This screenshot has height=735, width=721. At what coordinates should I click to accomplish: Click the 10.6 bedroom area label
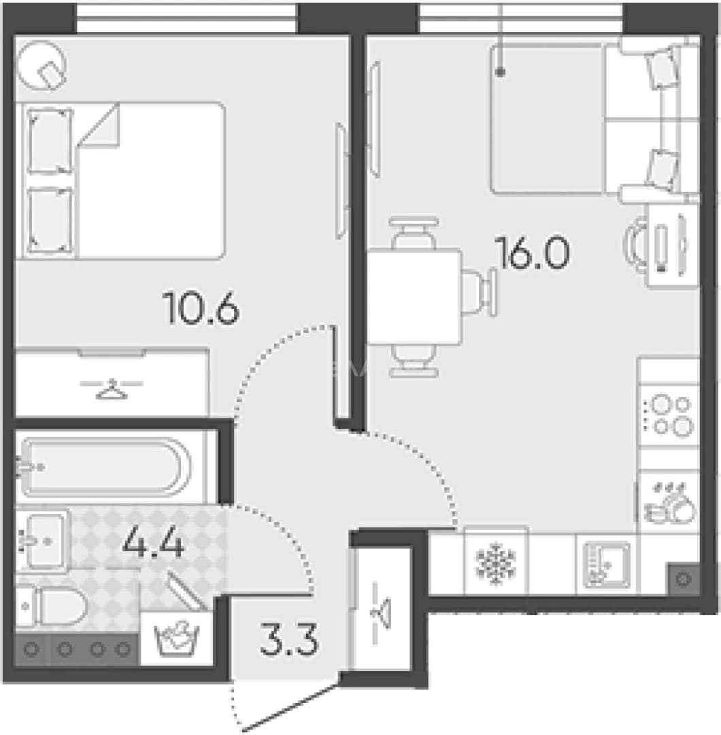click(x=201, y=308)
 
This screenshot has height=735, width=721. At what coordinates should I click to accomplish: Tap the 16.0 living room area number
click(x=533, y=252)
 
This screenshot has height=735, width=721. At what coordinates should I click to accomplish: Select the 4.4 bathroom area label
click(x=153, y=542)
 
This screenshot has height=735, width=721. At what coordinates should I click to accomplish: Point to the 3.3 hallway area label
click(x=289, y=639)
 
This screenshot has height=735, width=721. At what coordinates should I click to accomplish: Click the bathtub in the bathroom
click(x=105, y=467)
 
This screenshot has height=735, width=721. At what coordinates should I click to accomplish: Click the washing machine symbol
click(x=177, y=639)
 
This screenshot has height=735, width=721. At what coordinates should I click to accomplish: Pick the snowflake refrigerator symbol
click(x=496, y=564)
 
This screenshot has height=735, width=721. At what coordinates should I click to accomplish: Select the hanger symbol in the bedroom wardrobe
click(x=112, y=389)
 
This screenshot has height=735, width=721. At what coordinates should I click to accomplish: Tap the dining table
click(x=415, y=297)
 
